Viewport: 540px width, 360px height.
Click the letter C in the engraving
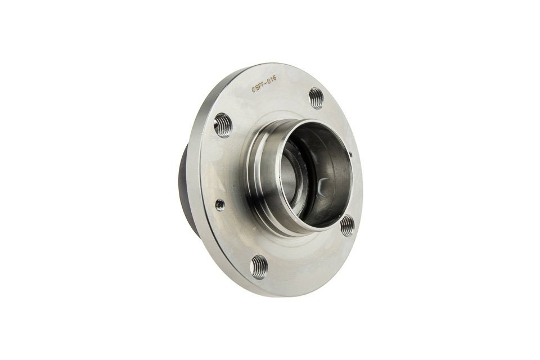(x=254, y=89)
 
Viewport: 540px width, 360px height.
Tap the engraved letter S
(x=257, y=88)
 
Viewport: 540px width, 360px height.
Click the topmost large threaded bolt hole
(x=316, y=98)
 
